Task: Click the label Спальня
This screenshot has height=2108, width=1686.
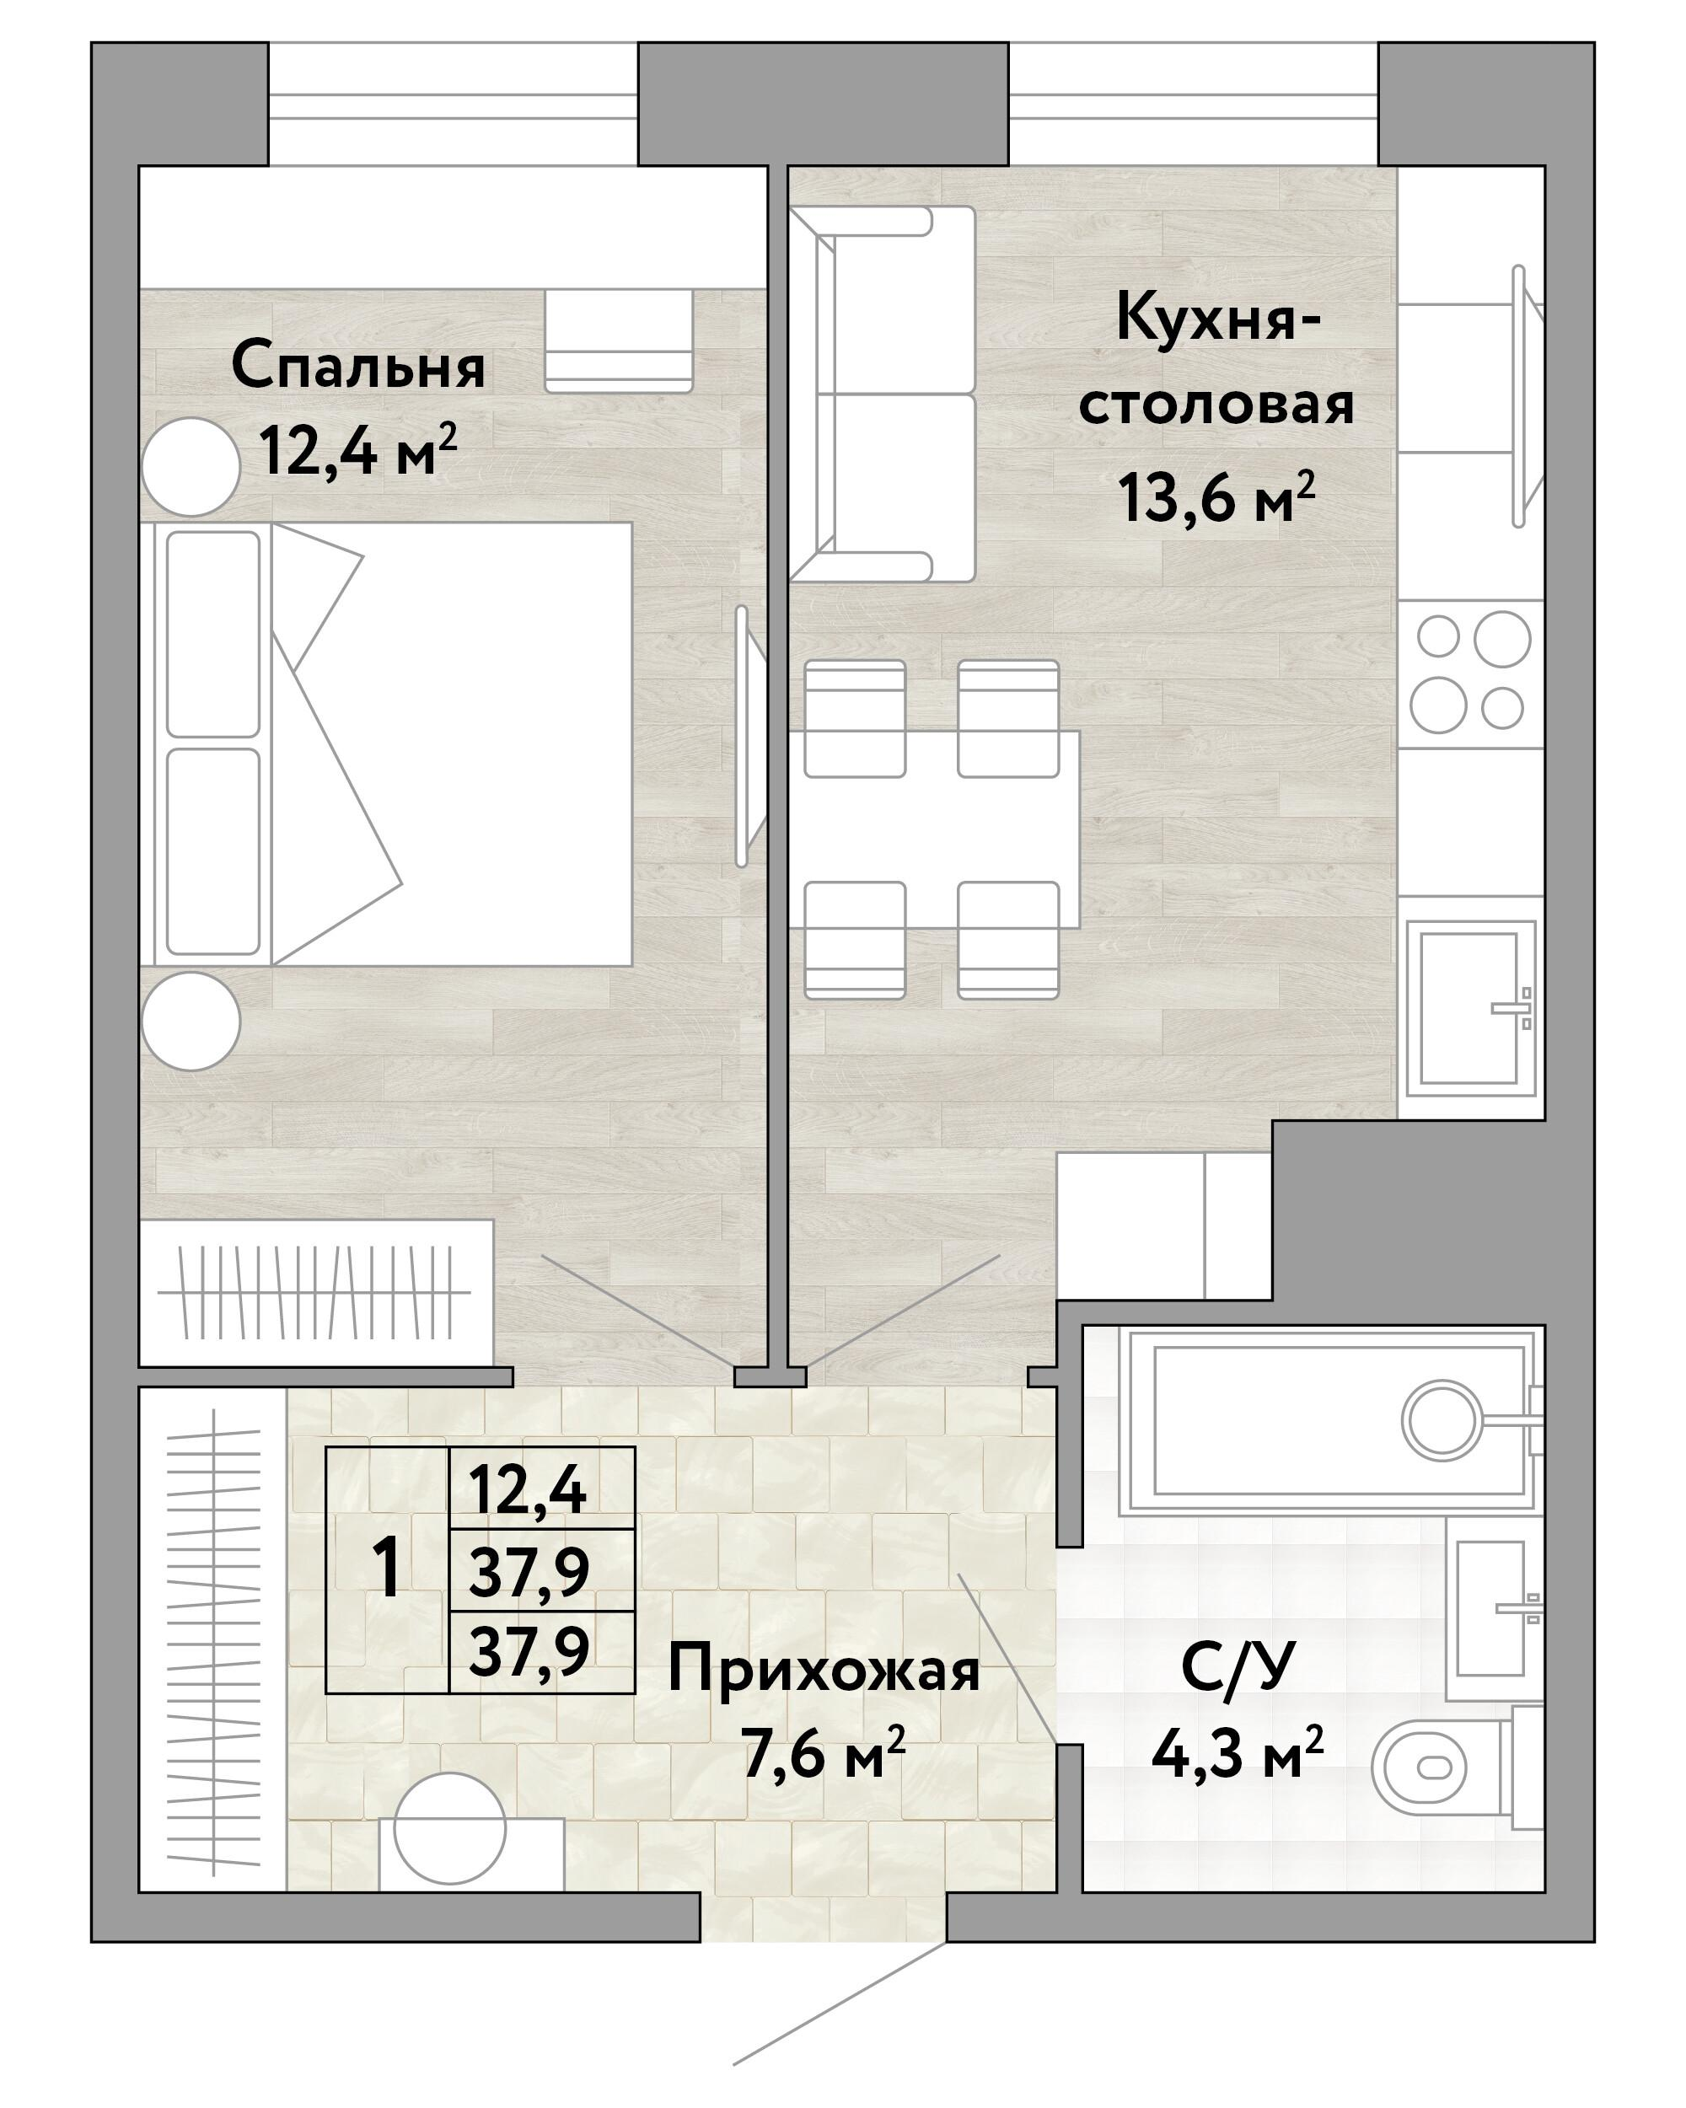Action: [x=358, y=367]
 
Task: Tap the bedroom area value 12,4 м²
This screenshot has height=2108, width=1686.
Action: [x=358, y=451]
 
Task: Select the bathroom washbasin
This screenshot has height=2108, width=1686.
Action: [x=1490, y=1607]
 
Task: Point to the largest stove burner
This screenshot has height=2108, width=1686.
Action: [x=1501, y=640]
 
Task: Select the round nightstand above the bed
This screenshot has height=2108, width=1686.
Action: [x=191, y=467]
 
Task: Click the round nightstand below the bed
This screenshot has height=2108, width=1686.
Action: [x=191, y=1021]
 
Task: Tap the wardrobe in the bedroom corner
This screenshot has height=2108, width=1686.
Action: [x=315, y=1293]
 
